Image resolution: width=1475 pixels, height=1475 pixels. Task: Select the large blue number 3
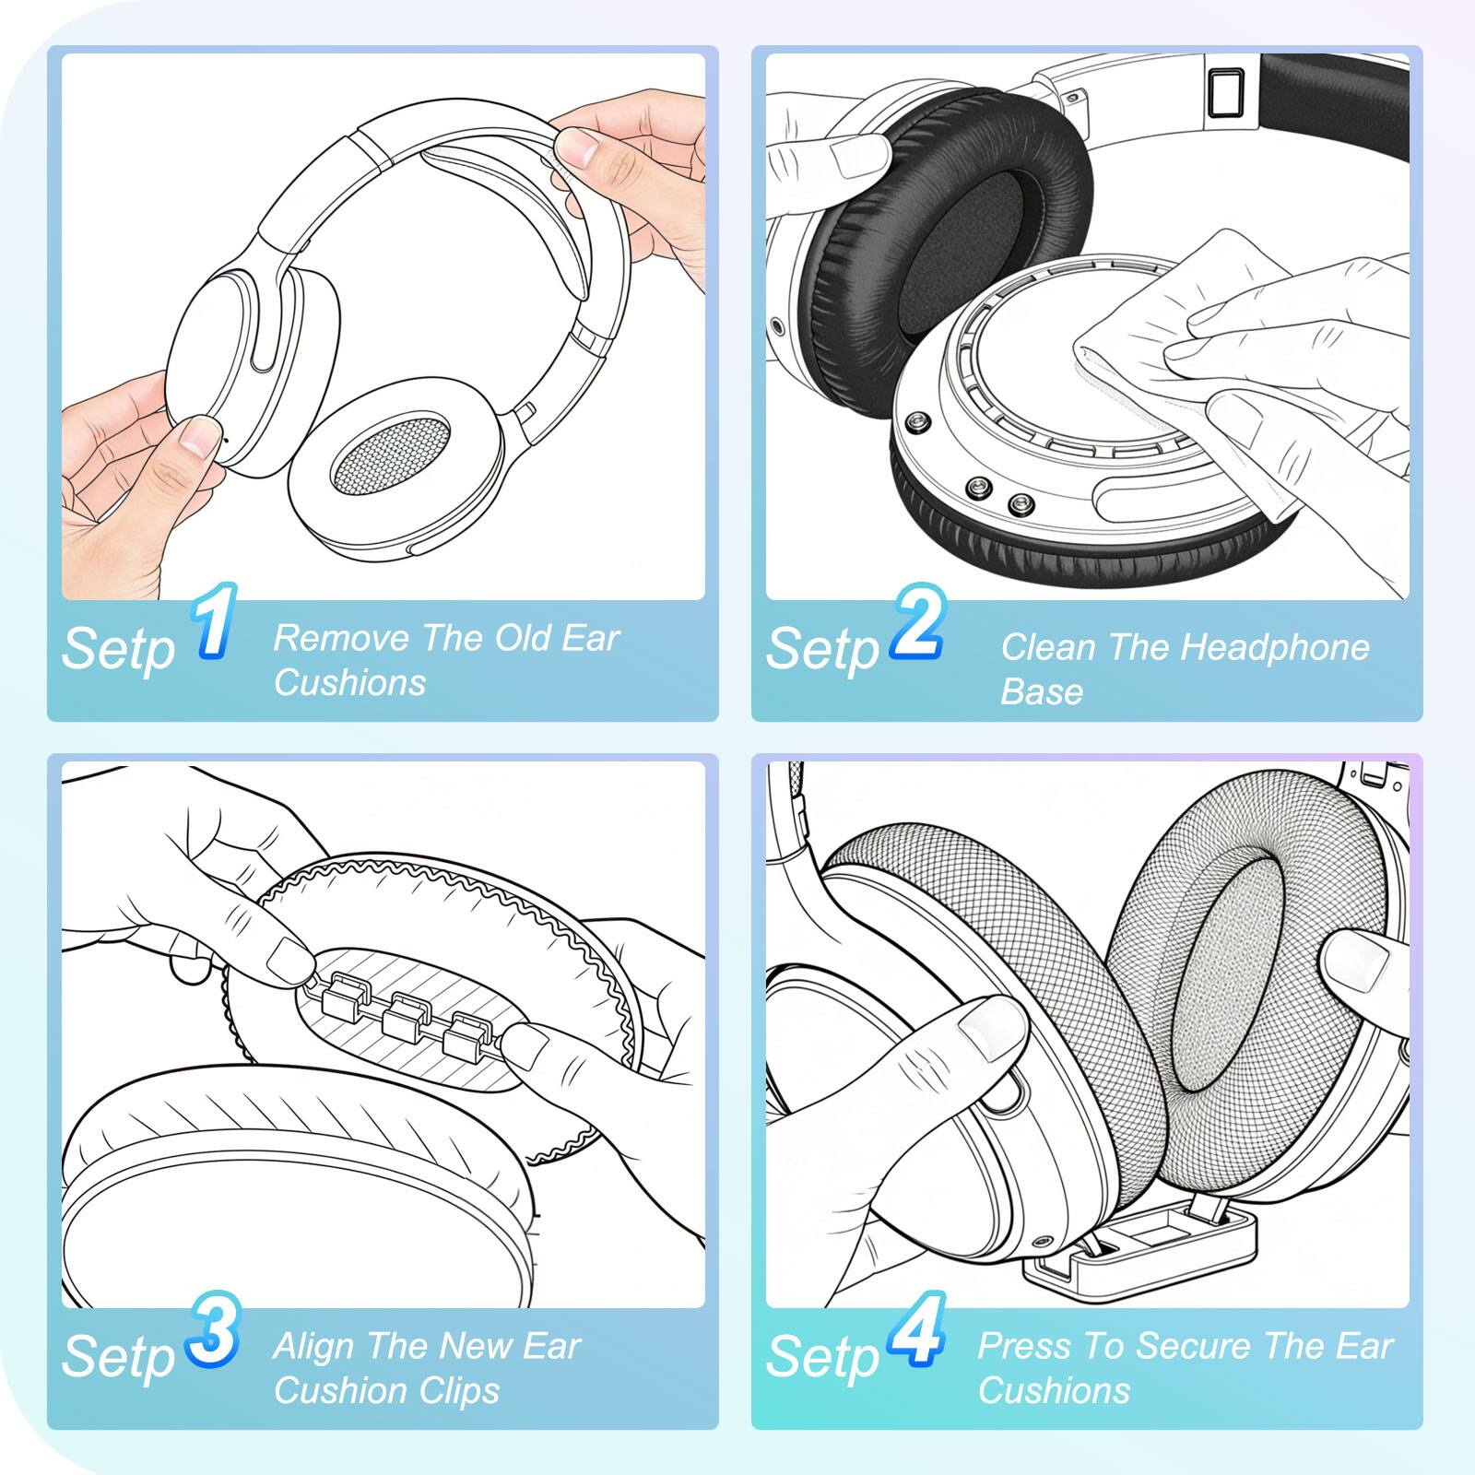[214, 1330]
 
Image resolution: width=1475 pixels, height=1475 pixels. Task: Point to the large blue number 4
[917, 1330]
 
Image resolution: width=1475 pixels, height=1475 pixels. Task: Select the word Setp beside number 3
[118, 1357]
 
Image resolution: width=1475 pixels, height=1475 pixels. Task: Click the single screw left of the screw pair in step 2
[917, 422]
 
